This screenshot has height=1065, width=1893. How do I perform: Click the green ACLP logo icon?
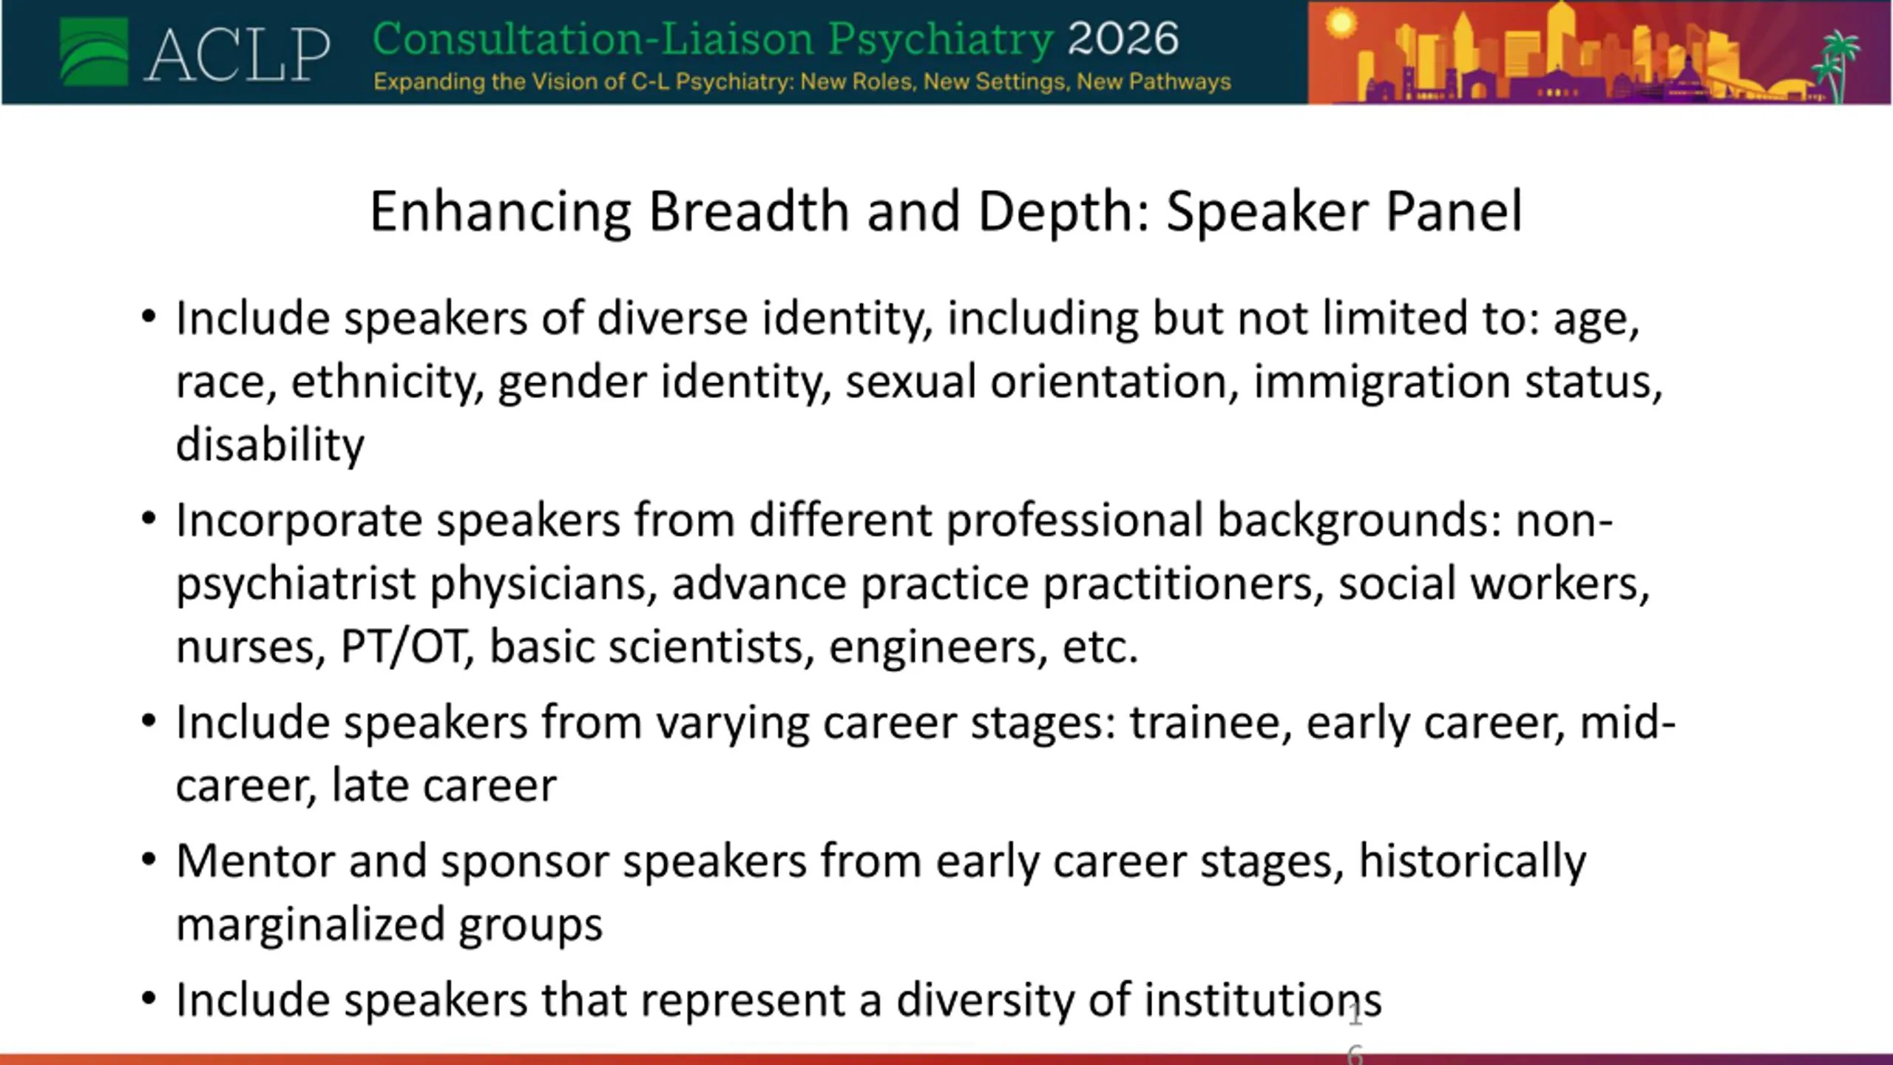tap(94, 52)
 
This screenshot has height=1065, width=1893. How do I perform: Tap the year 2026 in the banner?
tap(1123, 38)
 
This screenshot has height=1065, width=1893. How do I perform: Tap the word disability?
tap(270, 445)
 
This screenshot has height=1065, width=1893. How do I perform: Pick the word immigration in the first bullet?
tap(1381, 383)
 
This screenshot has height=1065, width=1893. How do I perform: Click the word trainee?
tap(1211, 723)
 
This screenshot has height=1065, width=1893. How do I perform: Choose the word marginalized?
tap(310, 926)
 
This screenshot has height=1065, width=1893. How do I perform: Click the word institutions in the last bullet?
tap(1263, 1001)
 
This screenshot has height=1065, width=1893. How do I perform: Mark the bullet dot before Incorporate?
tap(149, 518)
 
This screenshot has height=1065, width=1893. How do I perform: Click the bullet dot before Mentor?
tap(149, 859)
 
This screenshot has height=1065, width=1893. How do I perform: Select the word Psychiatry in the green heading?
tap(941, 40)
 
